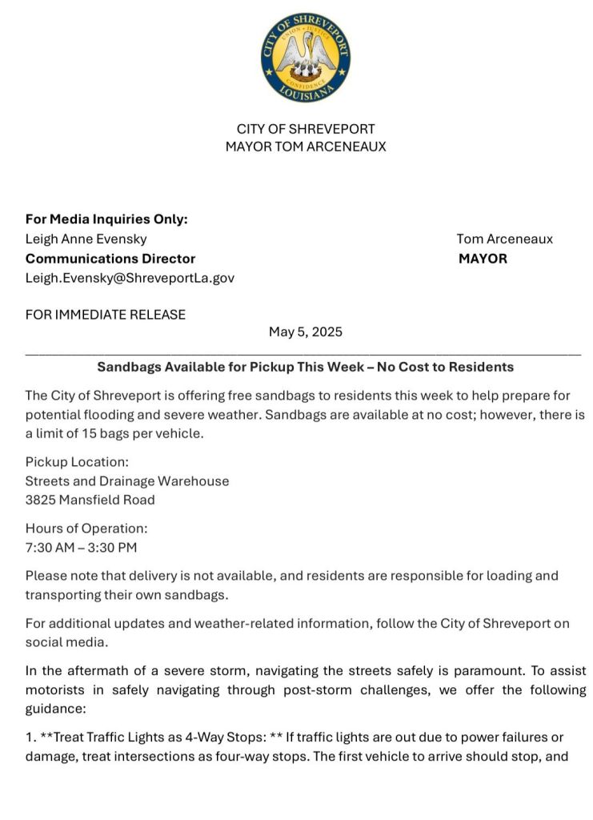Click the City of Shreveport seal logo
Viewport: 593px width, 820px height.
point(305,58)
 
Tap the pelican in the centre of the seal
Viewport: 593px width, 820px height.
point(305,62)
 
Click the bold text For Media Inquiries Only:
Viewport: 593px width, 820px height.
point(106,219)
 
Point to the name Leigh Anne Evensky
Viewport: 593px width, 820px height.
point(86,239)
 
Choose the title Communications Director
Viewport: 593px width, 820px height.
point(110,259)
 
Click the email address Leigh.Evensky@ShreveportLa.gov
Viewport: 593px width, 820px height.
point(130,279)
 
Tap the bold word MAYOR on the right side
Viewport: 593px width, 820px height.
point(483,259)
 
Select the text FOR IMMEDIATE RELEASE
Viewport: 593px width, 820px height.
point(106,315)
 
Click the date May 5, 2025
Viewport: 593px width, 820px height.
point(306,332)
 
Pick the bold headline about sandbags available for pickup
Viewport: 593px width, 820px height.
point(306,367)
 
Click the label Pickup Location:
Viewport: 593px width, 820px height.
point(77,462)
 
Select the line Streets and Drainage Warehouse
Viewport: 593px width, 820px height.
point(127,481)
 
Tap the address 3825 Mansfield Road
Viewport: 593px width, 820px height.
point(90,500)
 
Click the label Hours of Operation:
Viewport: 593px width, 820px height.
point(86,529)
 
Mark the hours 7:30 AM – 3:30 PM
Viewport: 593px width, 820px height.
point(82,548)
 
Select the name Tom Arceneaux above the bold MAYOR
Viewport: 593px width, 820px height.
point(504,239)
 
